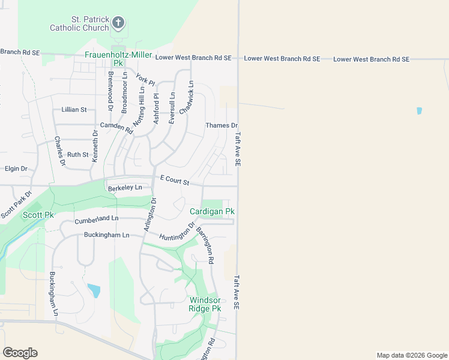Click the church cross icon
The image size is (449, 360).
[119, 23]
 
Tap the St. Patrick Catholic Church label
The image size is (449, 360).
[79, 23]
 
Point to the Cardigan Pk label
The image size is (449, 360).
[212, 212]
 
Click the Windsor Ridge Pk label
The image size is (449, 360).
[205, 304]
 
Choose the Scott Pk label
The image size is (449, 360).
[38, 215]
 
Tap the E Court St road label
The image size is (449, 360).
[175, 179]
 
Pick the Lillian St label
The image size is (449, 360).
[74, 110]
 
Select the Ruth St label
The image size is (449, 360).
[78, 154]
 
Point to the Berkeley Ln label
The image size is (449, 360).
[125, 188]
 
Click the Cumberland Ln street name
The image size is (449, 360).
[97, 220]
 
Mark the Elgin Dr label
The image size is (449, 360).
[16, 169]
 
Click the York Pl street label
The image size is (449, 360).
[145, 80]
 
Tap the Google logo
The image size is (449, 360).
[20, 353]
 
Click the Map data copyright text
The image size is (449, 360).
[411, 355]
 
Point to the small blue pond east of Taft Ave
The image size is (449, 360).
[419, 111]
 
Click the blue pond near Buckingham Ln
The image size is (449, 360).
[94, 291]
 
